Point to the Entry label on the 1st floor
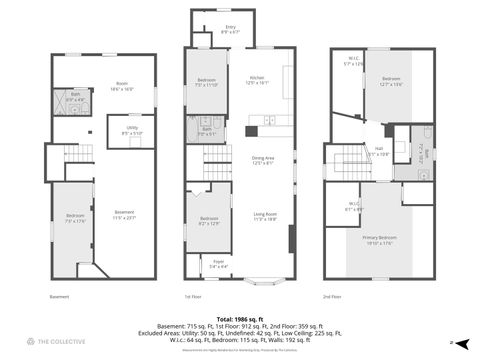(x=229, y=30)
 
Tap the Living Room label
(x=265, y=216)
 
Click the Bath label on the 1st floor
(x=205, y=128)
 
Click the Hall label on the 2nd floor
(x=378, y=152)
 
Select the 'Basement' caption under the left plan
(x=60, y=296)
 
